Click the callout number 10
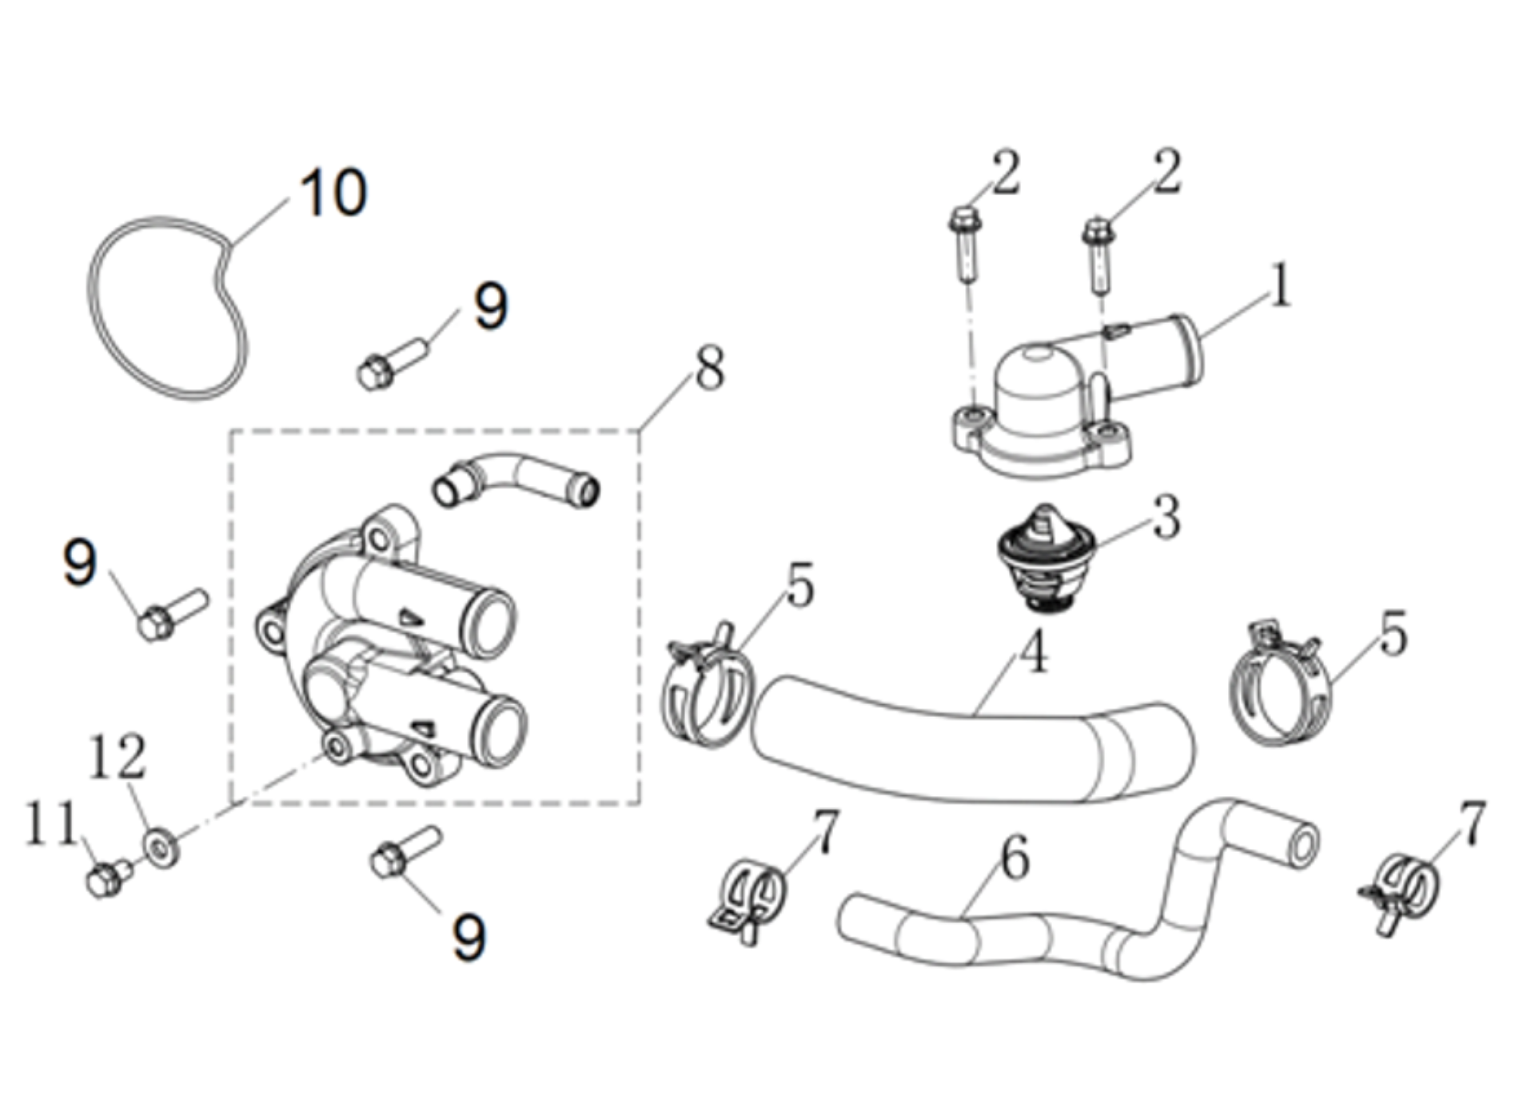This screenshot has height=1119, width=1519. click(333, 193)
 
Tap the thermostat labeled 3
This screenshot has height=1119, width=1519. click(1044, 559)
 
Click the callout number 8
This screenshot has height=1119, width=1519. click(709, 369)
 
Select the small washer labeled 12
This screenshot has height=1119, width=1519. click(161, 848)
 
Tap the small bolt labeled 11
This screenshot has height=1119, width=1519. click(106, 879)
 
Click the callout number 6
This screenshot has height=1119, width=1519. click(1015, 859)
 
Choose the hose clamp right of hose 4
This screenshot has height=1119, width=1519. click(1279, 687)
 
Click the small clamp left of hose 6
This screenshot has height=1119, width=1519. click(748, 899)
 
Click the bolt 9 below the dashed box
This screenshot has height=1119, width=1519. click(405, 852)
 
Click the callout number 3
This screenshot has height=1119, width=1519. click(1166, 517)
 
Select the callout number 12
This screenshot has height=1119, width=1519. click(118, 757)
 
